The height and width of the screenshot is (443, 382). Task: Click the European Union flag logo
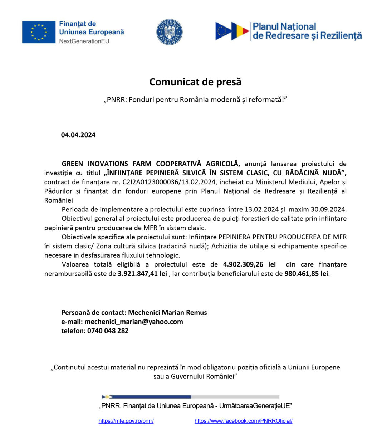[39, 32]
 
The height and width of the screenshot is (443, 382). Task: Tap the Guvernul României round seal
[170, 32]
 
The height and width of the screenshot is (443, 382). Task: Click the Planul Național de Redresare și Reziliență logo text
[307, 31]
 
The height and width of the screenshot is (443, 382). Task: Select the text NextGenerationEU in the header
[84, 41]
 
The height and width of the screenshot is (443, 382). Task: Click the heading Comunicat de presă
[195, 82]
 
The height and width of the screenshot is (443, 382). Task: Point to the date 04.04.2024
[78, 135]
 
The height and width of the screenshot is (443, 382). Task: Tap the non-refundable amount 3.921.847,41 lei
[142, 274]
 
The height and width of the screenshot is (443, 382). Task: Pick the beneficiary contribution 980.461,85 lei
[306, 274]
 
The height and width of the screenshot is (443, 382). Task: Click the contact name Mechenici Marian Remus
[167, 313]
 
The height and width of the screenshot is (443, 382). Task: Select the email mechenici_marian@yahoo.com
[134, 322]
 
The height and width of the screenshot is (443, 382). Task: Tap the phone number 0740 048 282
[108, 331]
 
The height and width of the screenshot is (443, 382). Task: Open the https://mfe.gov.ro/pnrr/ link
[126, 421]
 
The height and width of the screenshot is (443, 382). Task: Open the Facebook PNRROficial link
[243, 421]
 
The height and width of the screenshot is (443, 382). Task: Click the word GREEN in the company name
[73, 164]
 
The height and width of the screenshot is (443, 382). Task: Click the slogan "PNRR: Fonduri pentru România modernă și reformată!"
[195, 100]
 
